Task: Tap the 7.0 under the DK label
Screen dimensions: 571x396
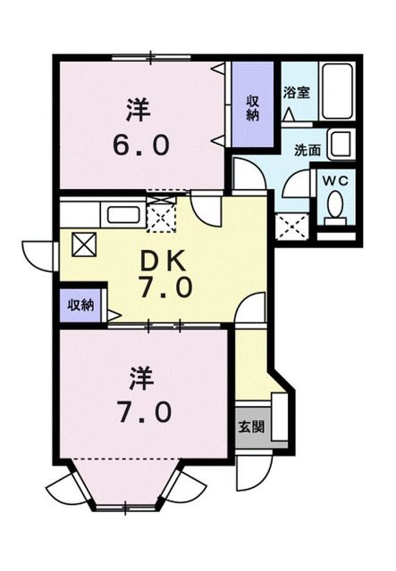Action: tap(164, 288)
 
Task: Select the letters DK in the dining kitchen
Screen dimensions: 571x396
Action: tap(164, 260)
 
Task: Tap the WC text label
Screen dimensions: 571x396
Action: tap(337, 179)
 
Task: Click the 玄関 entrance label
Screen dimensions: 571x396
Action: tap(251, 426)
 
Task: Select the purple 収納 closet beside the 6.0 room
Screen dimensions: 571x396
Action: tap(252, 105)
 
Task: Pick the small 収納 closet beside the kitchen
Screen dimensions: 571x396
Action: tap(80, 304)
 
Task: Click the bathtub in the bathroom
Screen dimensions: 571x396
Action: tap(338, 91)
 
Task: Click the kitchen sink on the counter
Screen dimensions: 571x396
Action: tap(122, 215)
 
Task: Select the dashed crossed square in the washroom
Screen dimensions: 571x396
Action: tap(292, 228)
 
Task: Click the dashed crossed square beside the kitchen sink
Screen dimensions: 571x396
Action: tap(161, 216)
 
